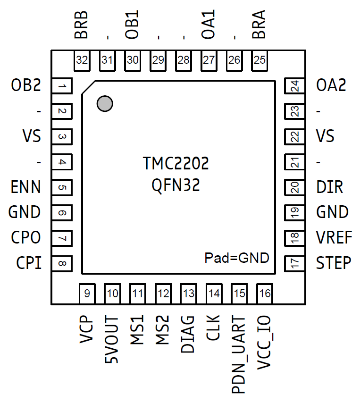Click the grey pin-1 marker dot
pos(105,103)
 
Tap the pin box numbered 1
pos(61,86)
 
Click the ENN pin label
pos(26,187)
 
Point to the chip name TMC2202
pos(176,164)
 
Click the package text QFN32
pos(176,185)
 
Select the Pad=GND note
pos(236,258)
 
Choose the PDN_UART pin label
pos(239,355)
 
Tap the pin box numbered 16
pos(265,294)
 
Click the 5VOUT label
pos(112,339)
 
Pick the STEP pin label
pos(334,263)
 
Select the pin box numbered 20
pos(295,187)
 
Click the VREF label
pos(334,237)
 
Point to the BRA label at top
pos(259,25)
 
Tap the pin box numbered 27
pos(209,60)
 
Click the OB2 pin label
pos(26,86)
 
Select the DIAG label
pos(188,335)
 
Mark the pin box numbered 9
pos(87,294)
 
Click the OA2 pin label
pos(331,86)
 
